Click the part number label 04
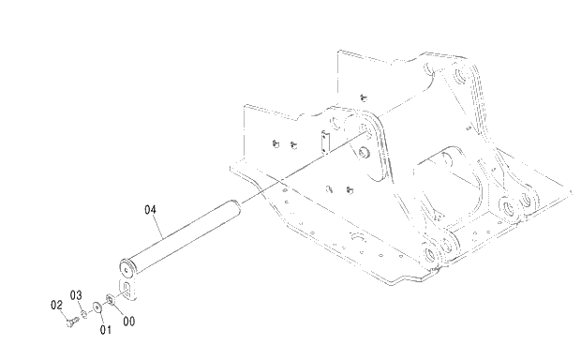[x=150, y=211]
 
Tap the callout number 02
[x=55, y=305]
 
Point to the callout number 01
[x=106, y=329]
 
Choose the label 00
[x=129, y=322]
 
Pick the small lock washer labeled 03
[x=84, y=313]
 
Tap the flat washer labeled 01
[x=97, y=306]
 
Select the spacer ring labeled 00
[x=111, y=299]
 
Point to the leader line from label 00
[x=119, y=310]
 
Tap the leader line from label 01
[x=101, y=318]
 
